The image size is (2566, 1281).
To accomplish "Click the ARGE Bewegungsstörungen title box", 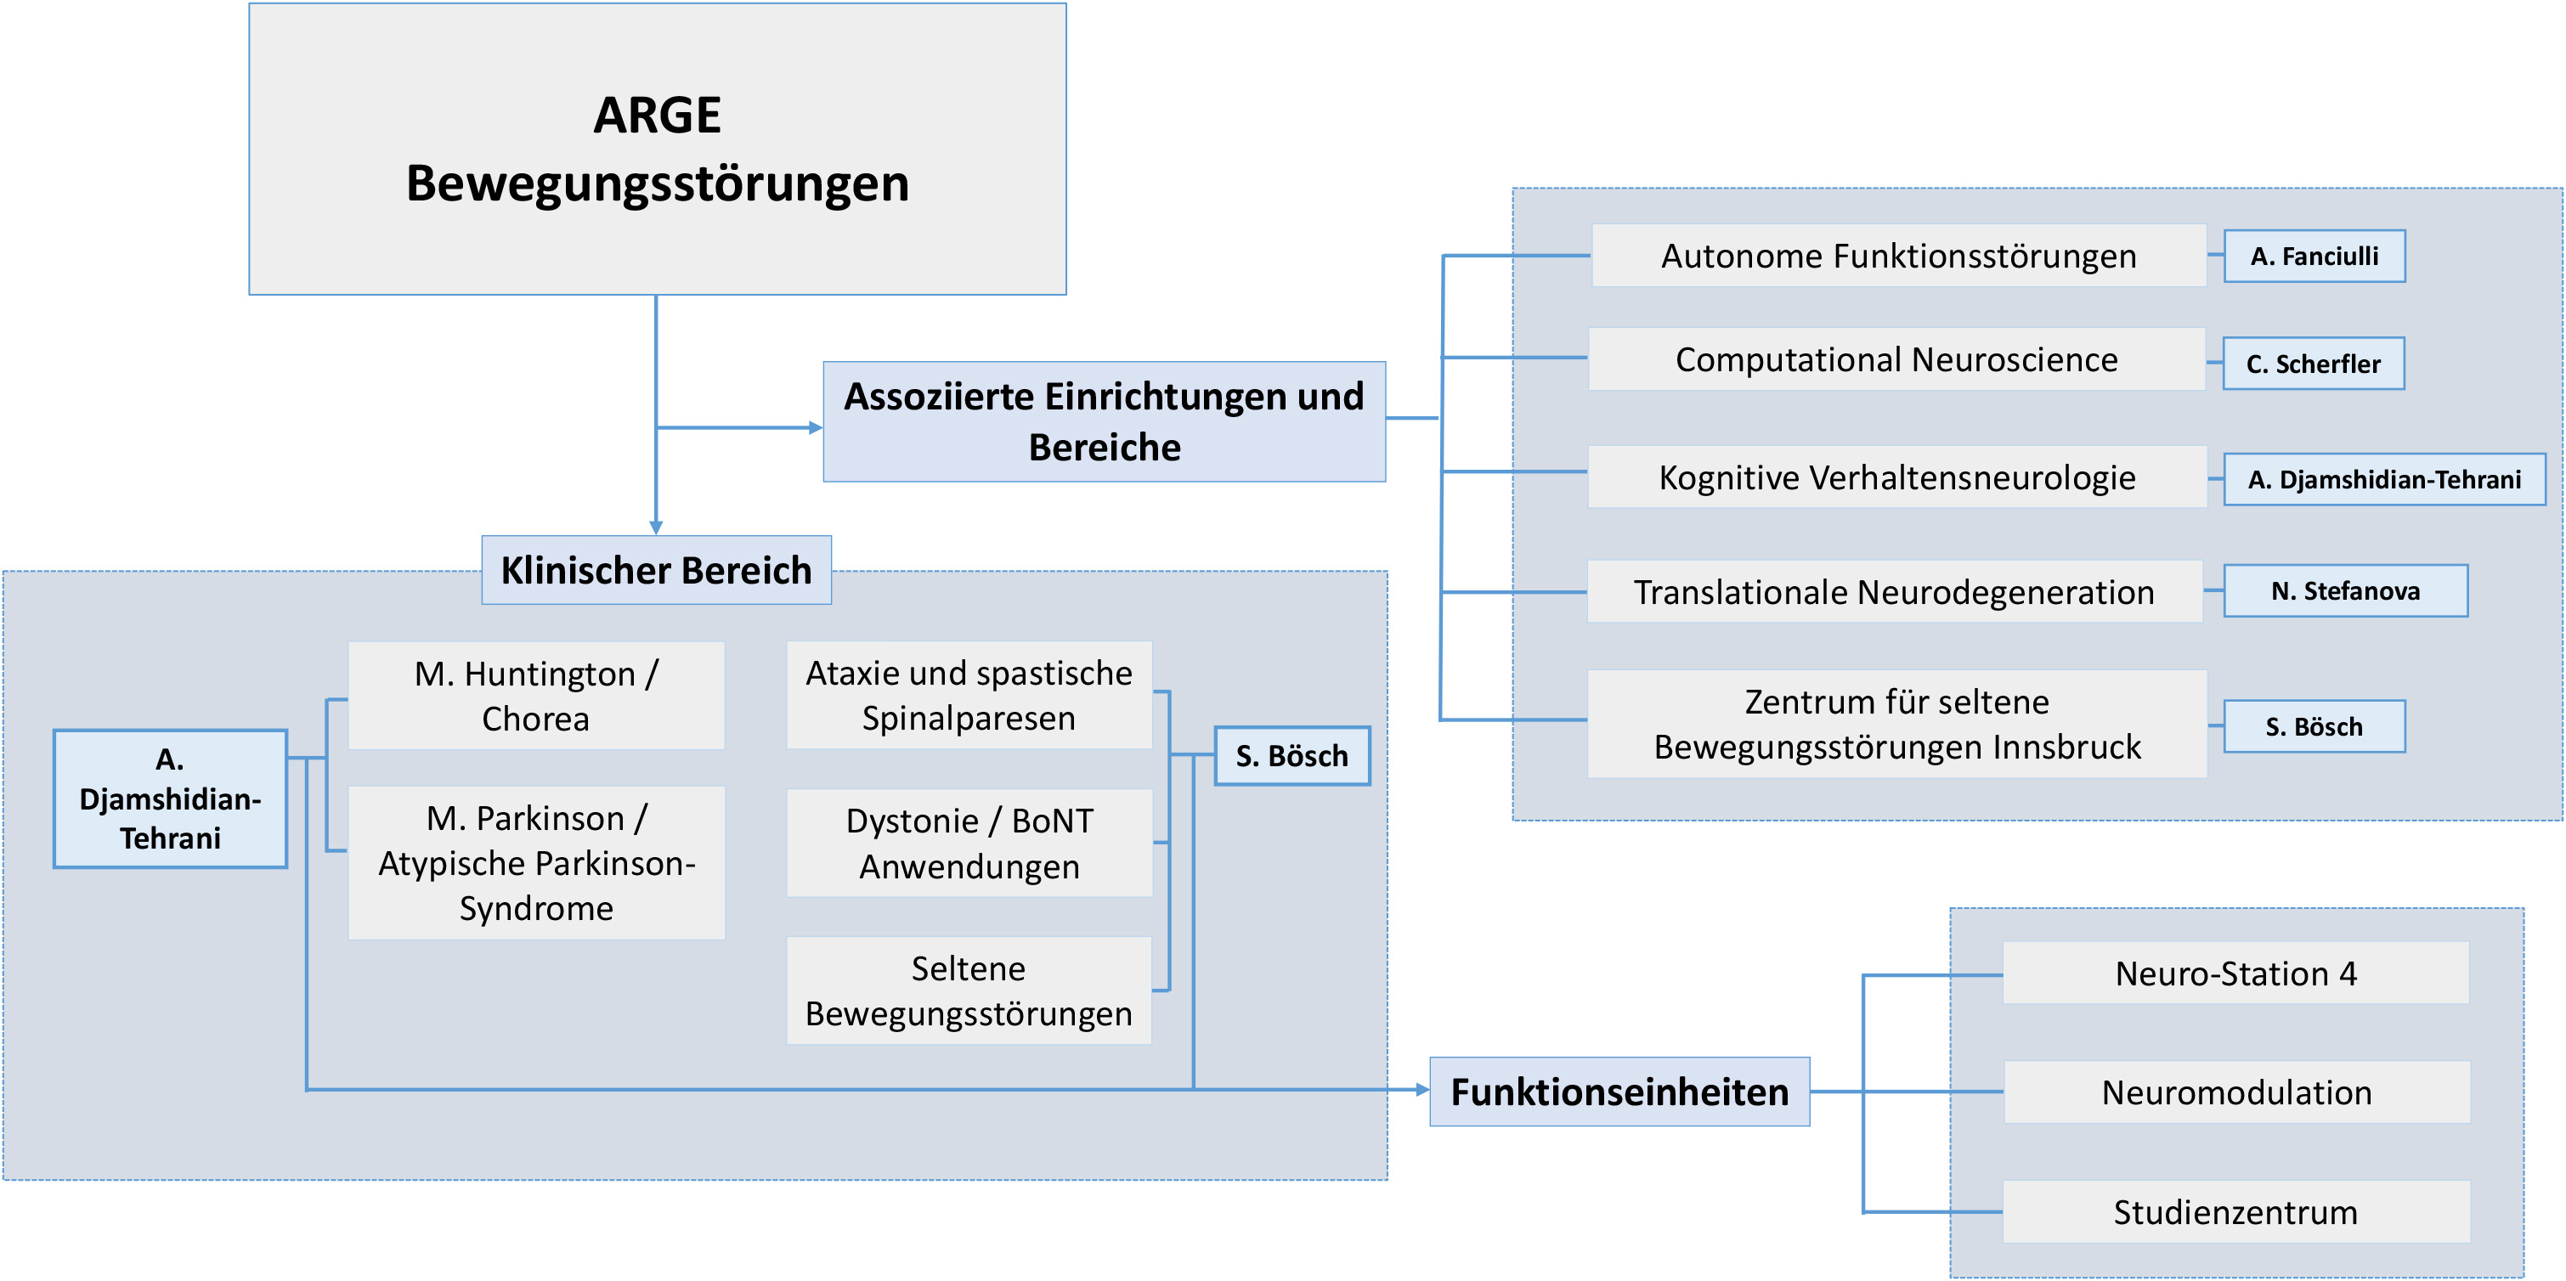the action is (x=658, y=149).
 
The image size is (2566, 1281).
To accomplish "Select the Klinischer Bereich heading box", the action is (x=657, y=570).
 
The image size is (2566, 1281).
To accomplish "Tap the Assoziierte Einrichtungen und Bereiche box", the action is (x=1104, y=421).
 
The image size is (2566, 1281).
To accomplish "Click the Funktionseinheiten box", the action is (x=1619, y=1092).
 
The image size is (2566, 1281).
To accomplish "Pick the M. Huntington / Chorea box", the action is (x=536, y=695).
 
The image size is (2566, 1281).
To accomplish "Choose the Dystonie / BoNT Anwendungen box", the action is (x=969, y=843).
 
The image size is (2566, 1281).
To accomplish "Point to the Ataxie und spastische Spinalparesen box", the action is (x=969, y=695).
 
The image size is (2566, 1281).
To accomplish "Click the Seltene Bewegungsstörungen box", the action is (x=969, y=990).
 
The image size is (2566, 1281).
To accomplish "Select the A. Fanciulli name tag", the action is (x=2314, y=256).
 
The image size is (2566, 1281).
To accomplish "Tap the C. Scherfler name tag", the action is (x=2313, y=364).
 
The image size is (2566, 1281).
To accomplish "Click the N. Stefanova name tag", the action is (x=2345, y=590).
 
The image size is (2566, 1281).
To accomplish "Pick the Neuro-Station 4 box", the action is (x=2235, y=973).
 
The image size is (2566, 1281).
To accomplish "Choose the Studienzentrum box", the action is (x=2235, y=1212).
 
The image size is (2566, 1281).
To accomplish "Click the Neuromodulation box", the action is (x=2236, y=1092).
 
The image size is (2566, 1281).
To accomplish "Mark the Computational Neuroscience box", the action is (x=1896, y=359).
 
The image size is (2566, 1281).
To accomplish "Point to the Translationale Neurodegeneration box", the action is (x=1895, y=592).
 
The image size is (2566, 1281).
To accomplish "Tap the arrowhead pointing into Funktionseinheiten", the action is (x=1422, y=1090).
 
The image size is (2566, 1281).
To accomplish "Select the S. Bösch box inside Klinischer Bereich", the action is (x=1292, y=756).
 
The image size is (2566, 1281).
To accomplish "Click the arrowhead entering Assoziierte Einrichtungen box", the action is (x=816, y=427).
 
